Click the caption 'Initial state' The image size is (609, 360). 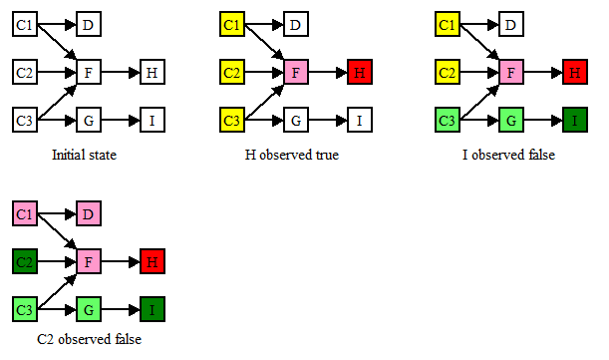[89, 156]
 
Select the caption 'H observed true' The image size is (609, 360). [292, 156]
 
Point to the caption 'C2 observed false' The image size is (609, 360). [89, 340]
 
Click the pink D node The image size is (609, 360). [89, 213]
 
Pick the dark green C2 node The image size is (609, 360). [25, 262]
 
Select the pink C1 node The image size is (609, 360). [25, 213]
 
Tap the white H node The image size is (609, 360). [152, 73]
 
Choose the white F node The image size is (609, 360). [89, 73]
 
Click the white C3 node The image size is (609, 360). [25, 122]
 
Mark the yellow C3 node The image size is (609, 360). [231, 122]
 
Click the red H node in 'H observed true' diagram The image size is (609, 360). [359, 73]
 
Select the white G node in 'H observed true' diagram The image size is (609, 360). [296, 122]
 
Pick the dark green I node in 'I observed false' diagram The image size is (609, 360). [574, 122]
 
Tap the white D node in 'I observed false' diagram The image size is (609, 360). [510, 24]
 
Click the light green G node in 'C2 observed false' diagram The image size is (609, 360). [89, 311]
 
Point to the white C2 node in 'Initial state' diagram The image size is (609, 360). [25, 73]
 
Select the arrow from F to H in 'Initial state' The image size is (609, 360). [120, 73]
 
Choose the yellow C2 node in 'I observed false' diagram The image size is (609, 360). [447, 73]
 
